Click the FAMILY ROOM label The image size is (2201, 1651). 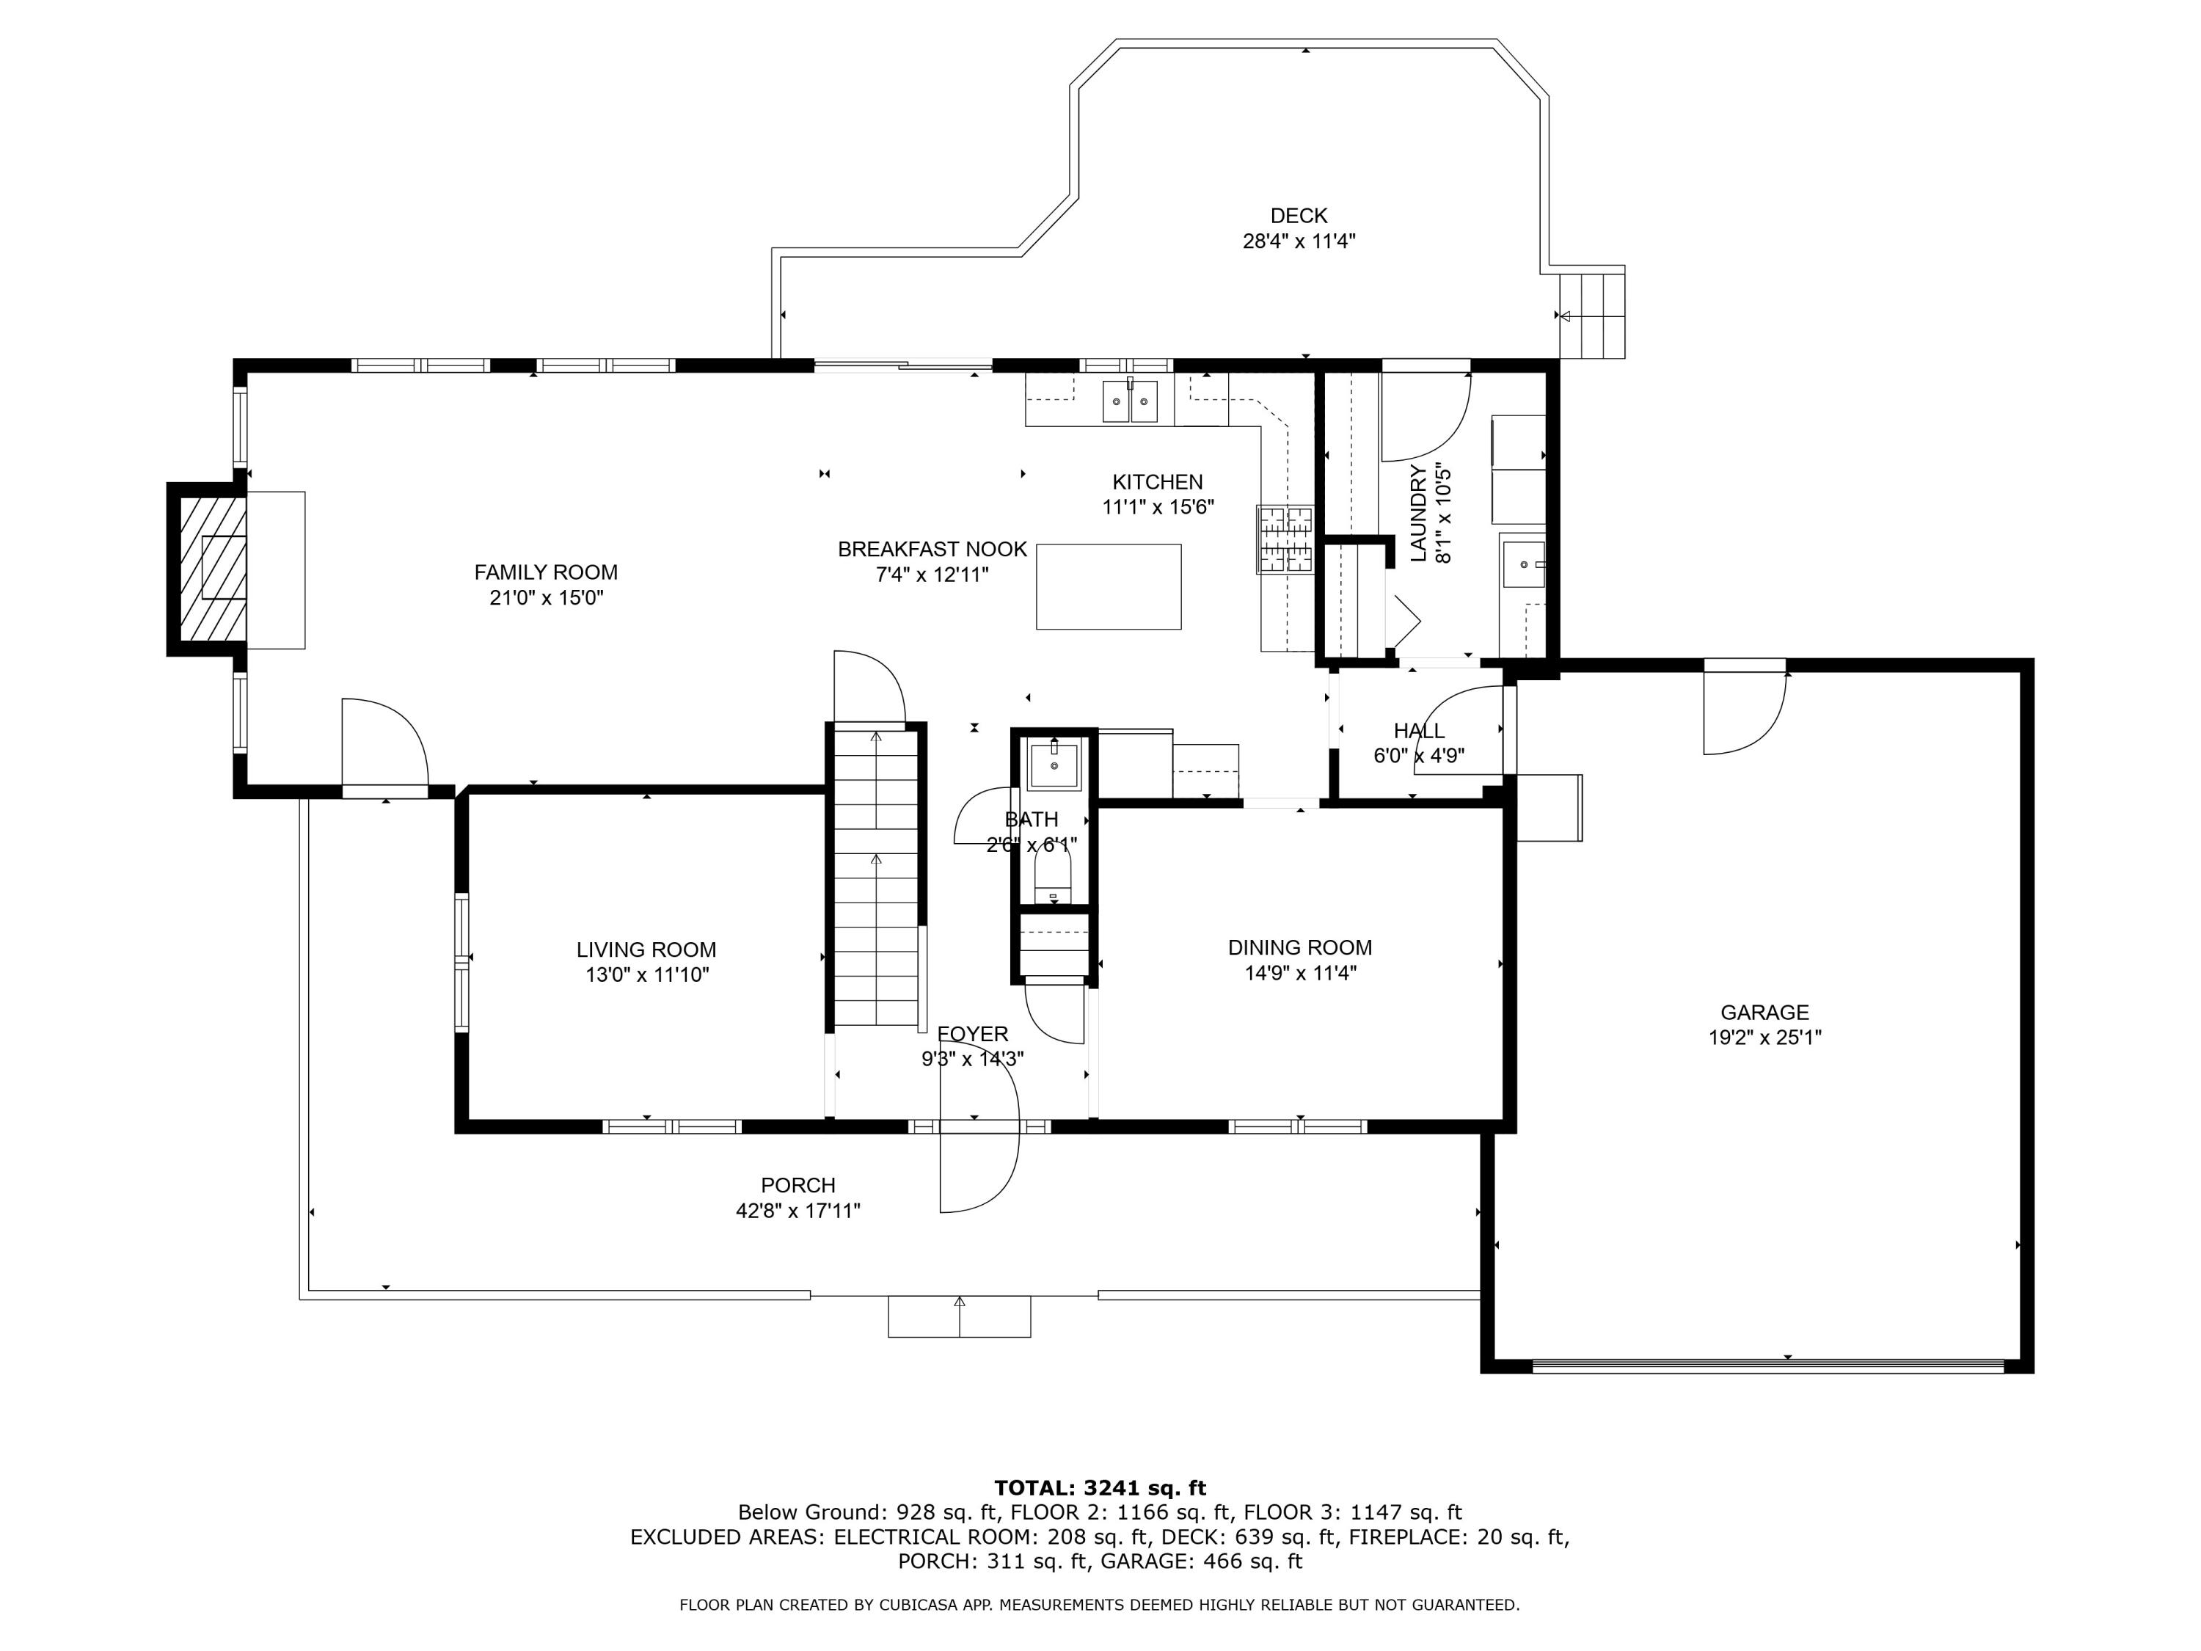545,572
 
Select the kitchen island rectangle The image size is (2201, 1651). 1109,586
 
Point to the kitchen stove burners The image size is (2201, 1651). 1285,539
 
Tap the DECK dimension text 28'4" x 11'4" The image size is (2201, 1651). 1299,241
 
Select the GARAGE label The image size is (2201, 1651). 1764,1012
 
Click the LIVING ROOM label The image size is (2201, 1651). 646,950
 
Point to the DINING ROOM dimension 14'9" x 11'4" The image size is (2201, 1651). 1299,973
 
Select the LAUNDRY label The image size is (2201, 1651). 1419,514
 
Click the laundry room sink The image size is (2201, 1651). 1522,564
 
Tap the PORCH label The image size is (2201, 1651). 798,1185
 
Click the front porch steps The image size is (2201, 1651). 959,1316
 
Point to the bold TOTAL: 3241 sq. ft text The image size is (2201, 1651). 1100,1488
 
